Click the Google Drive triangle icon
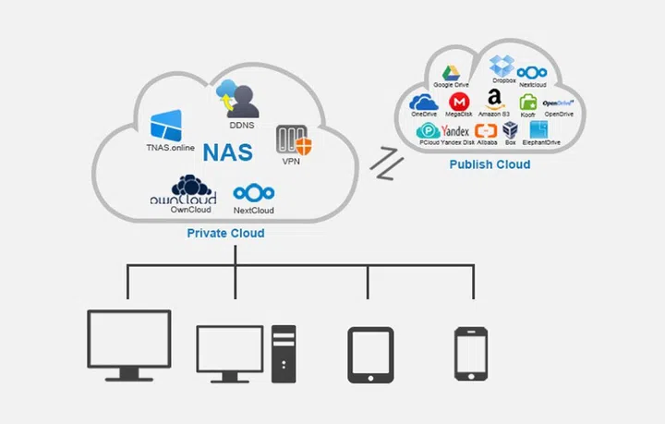[452, 73]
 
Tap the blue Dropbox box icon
[502, 66]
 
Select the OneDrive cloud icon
[423, 102]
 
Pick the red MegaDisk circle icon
[456, 102]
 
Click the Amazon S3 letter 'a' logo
[493, 100]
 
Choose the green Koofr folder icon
[527, 102]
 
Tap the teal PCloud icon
[429, 131]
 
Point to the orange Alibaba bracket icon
[486, 131]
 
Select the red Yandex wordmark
[456, 131]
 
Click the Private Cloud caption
[225, 234]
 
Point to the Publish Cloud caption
[490, 164]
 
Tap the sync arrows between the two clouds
[381, 164]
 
